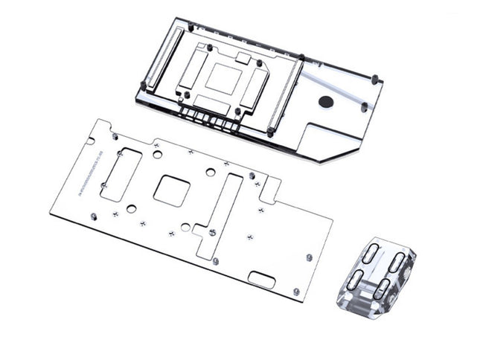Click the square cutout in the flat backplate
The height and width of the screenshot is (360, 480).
pyautogui.click(x=172, y=190)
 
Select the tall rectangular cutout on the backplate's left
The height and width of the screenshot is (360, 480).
pyautogui.click(x=121, y=176)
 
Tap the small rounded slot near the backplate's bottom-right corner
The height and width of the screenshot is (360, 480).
pyautogui.click(x=261, y=280)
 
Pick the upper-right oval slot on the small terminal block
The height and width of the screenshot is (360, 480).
pyautogui.click(x=397, y=262)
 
